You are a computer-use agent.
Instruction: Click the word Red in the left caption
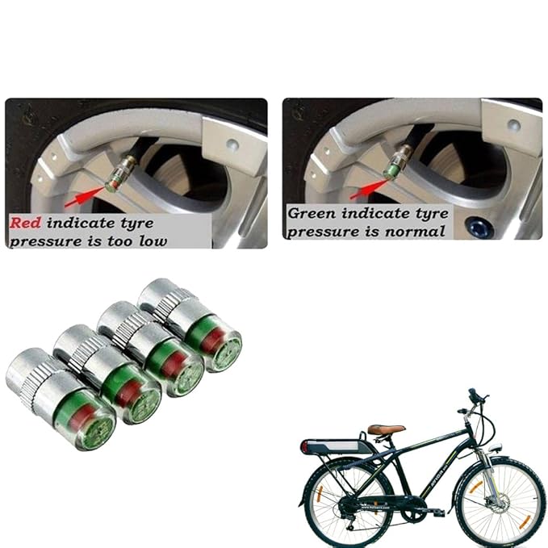pyautogui.click(x=26, y=223)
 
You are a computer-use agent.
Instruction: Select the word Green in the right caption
pyautogui.click(x=313, y=214)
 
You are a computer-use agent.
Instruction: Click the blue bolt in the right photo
pyautogui.click(x=483, y=228)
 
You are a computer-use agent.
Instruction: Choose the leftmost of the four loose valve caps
pyautogui.click(x=61, y=399)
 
